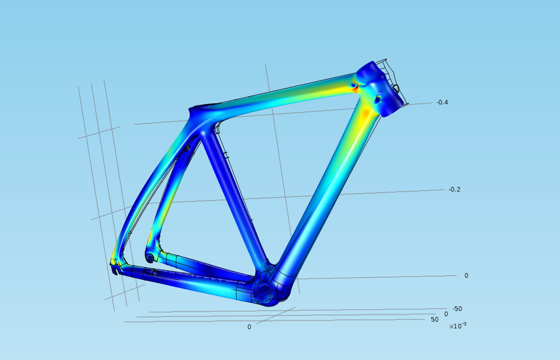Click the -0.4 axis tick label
click(x=442, y=102)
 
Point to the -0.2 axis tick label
click(x=455, y=189)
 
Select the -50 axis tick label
click(x=457, y=309)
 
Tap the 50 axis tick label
click(x=434, y=319)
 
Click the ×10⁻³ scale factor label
click(x=458, y=326)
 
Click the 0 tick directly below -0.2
click(x=466, y=275)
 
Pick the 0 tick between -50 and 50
click(x=446, y=314)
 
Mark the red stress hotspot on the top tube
click(x=354, y=86)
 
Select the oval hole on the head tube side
click(x=379, y=98)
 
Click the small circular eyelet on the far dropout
click(x=150, y=258)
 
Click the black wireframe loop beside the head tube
click(x=396, y=89)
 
